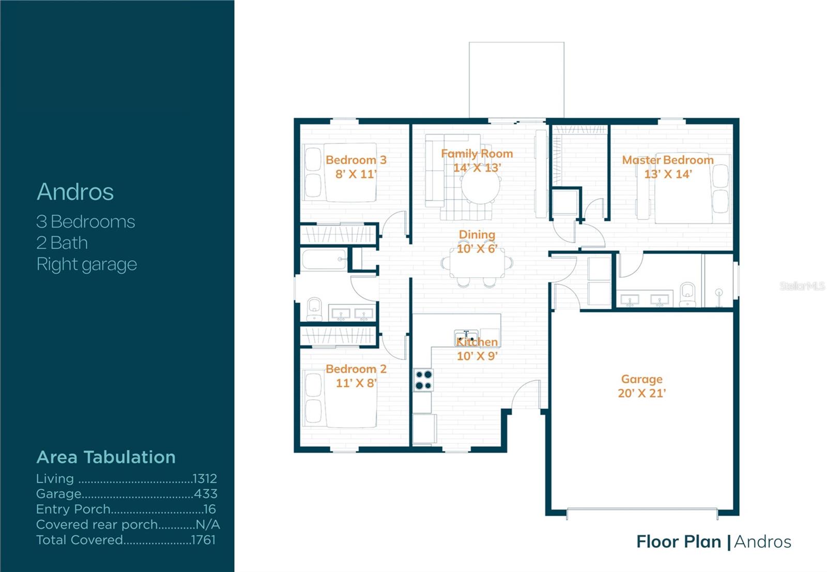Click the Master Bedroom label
[667, 160]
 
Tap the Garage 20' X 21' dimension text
[641, 393]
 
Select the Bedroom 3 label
[356, 160]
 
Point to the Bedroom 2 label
[356, 369]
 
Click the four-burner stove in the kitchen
[423, 380]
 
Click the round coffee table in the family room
[481, 187]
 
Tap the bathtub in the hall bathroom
[324, 260]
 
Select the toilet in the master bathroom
[687, 294]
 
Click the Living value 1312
[205, 478]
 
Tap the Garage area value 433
[206, 494]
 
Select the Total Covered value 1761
[203, 540]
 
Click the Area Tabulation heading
[106, 457]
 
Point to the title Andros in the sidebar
[75, 192]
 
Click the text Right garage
[86, 264]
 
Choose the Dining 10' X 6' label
[477, 242]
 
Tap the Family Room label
[477, 154]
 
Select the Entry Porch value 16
[209, 509]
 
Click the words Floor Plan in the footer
[678, 541]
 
